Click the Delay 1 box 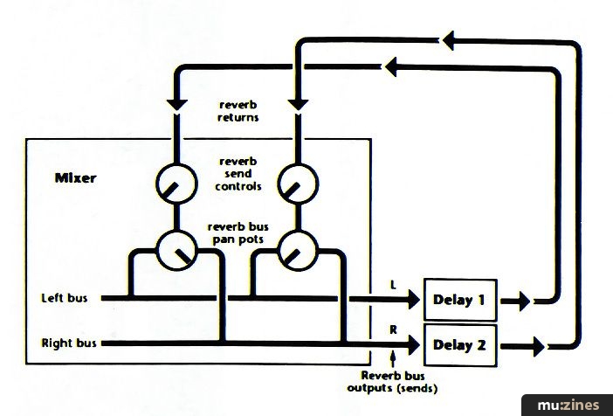coord(458,301)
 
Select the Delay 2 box coord(458,343)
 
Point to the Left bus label coord(65,298)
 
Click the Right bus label coord(69,343)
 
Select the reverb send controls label coord(238,171)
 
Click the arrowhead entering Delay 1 coord(410,300)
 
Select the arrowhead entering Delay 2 coord(410,343)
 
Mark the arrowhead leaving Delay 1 coord(521,301)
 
